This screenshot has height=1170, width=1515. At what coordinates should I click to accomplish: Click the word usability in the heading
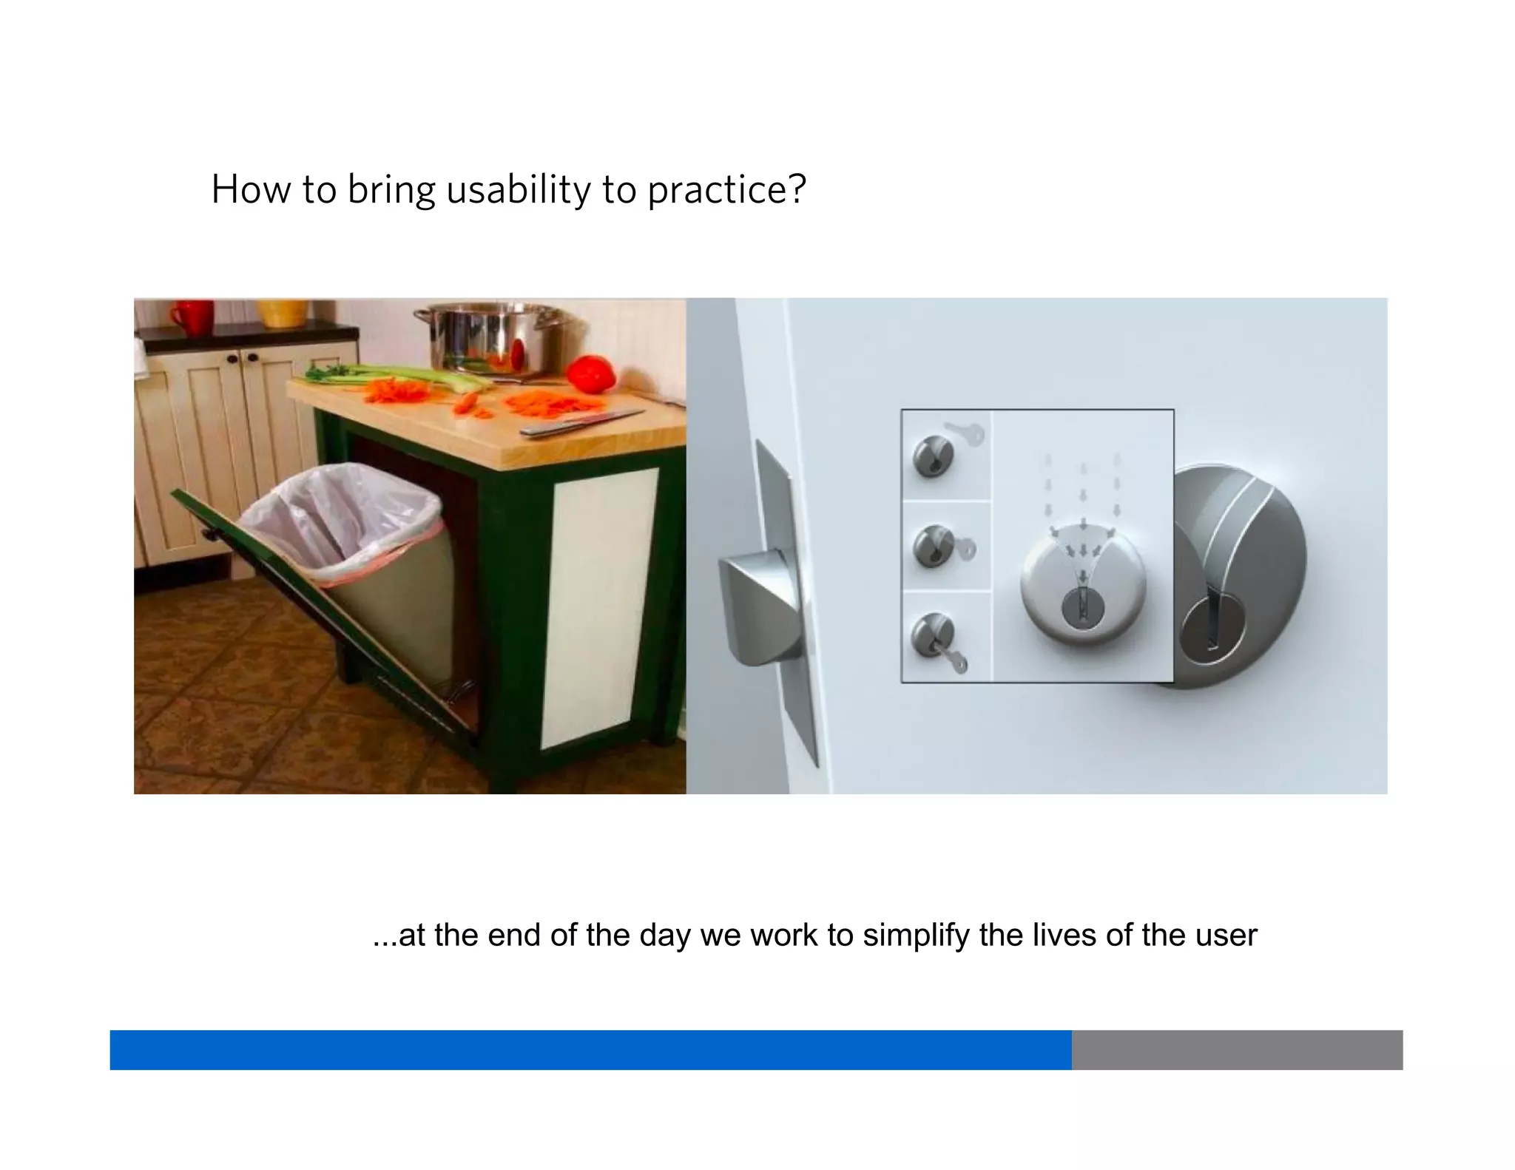[518, 190]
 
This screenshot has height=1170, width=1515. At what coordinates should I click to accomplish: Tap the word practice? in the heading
[726, 190]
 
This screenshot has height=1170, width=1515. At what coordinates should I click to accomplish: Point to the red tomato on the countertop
[591, 373]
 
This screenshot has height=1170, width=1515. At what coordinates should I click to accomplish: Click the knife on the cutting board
[581, 422]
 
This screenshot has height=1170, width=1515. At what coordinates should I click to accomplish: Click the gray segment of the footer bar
[1236, 1049]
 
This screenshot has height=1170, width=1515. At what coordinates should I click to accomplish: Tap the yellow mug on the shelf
[282, 313]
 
